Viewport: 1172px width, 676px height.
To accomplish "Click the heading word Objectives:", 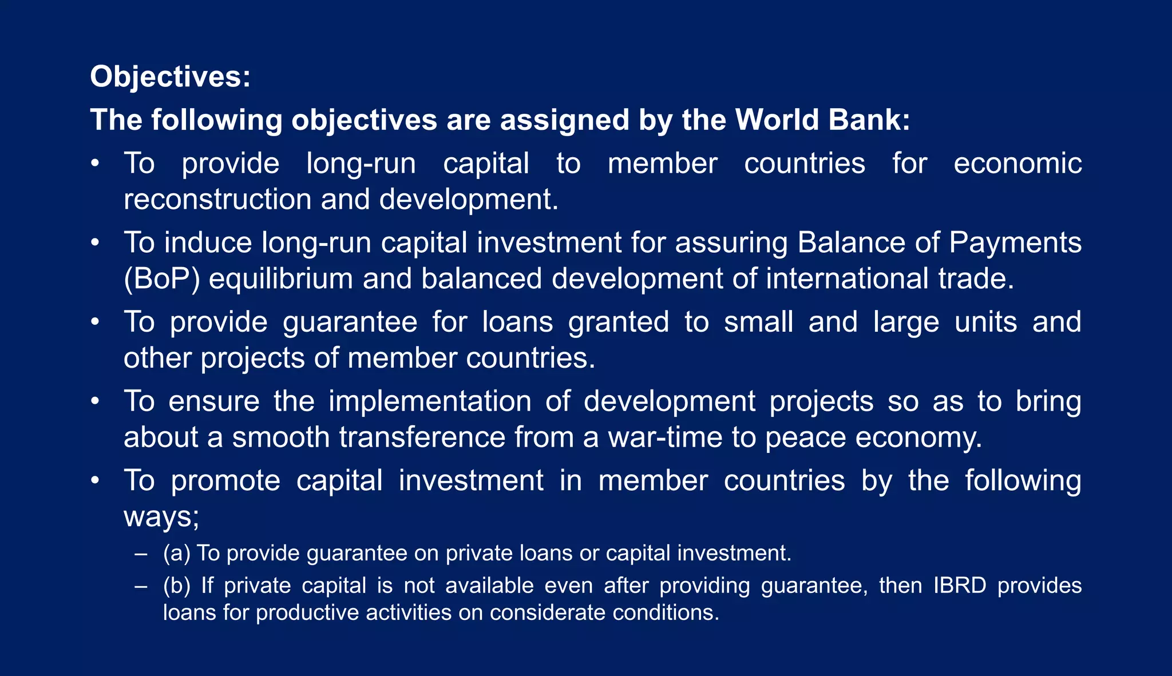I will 170,77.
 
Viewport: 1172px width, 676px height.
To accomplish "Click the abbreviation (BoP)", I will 162,279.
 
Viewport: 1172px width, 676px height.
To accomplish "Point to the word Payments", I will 1015,243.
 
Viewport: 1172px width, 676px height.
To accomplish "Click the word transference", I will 422,438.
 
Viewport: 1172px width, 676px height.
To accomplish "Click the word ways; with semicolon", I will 161,517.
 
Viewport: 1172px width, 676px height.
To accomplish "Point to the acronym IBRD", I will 960,586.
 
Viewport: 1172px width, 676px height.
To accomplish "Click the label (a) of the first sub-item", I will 176,553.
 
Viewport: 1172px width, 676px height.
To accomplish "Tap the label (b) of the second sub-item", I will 176,586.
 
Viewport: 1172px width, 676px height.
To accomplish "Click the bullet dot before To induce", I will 96,243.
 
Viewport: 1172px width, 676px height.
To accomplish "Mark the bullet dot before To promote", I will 96,480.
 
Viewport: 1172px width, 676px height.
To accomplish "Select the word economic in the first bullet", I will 1017,164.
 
